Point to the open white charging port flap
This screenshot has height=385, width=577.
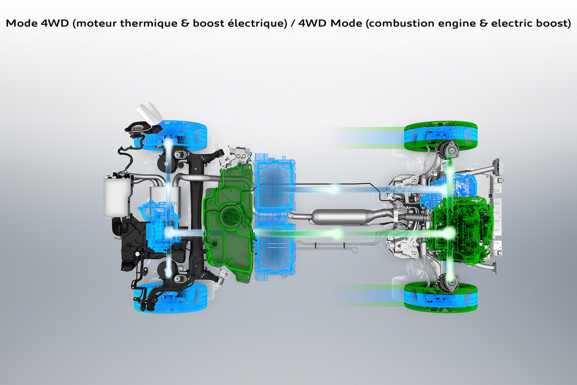click(x=149, y=112)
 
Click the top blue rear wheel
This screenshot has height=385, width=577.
click(x=178, y=135)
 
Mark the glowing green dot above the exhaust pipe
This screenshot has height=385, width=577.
click(x=337, y=233)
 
